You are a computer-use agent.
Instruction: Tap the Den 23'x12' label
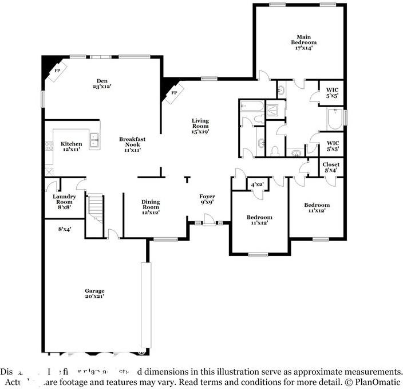(x=102, y=84)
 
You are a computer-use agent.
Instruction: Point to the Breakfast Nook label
(x=130, y=144)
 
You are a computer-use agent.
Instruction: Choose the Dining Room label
(x=151, y=207)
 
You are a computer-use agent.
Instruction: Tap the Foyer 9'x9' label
(x=207, y=199)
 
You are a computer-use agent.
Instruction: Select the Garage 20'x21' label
(x=94, y=293)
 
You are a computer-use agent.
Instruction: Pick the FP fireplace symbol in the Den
(x=58, y=70)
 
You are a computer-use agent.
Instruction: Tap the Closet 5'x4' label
(x=331, y=167)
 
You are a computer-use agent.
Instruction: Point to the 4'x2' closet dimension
(x=257, y=184)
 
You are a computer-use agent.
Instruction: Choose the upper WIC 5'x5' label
(x=333, y=92)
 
